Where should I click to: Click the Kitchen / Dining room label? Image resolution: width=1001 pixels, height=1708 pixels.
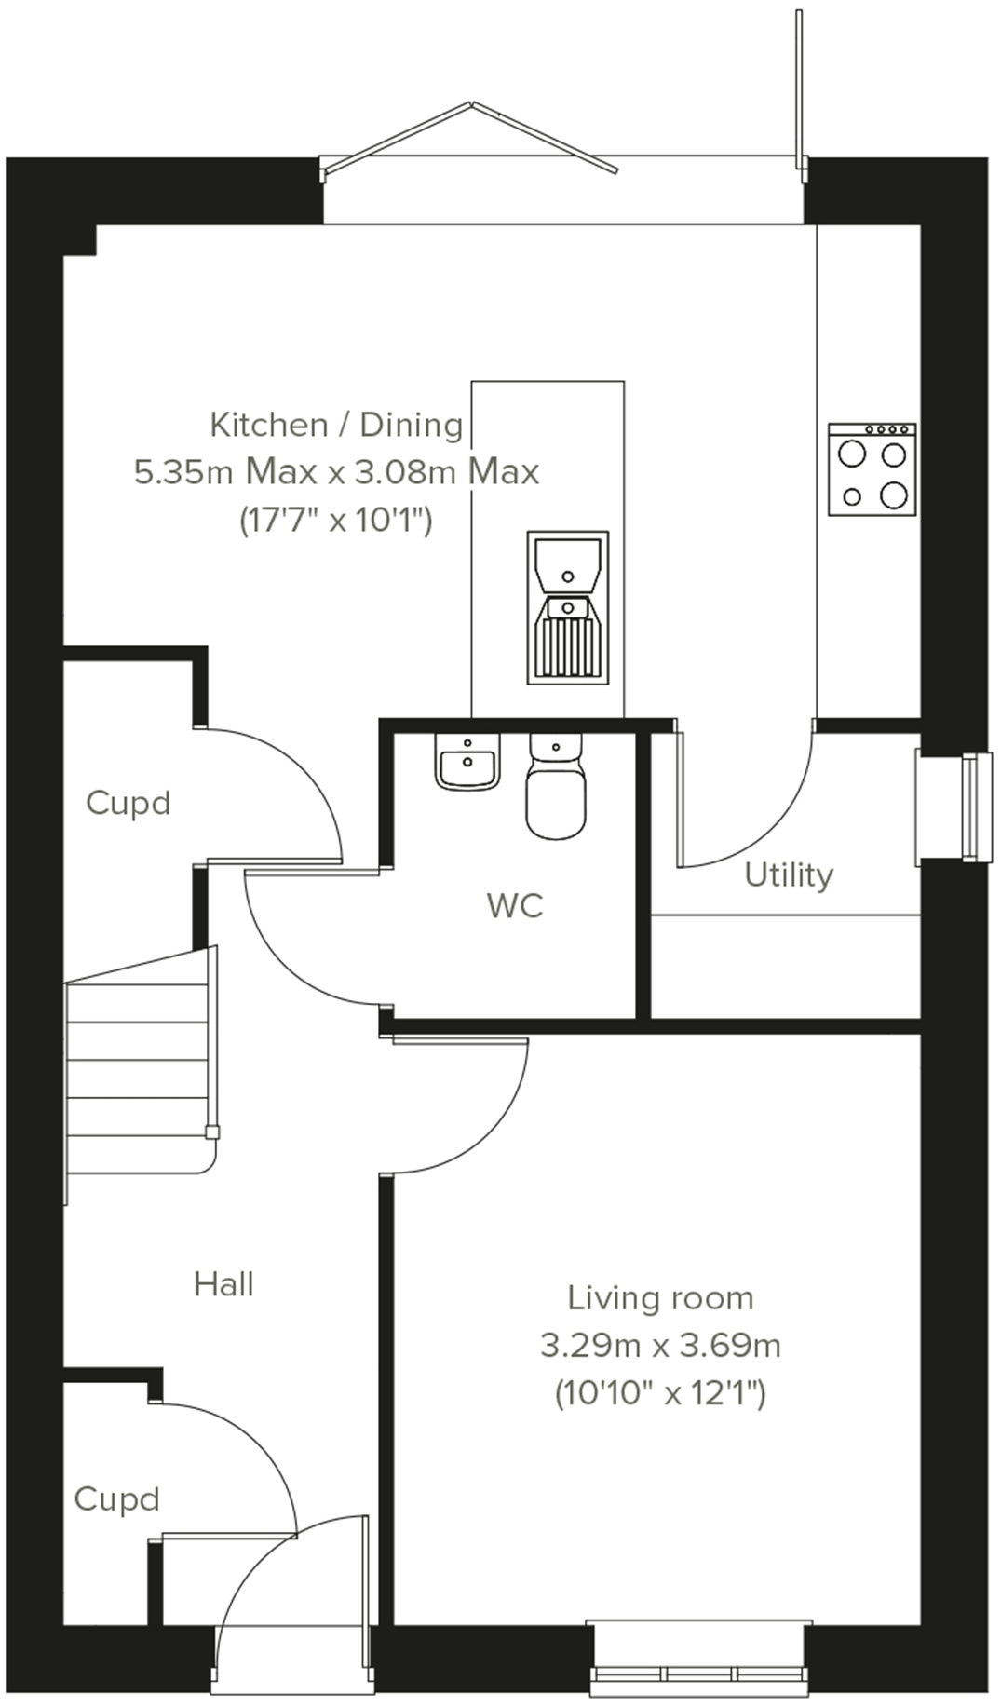tap(336, 425)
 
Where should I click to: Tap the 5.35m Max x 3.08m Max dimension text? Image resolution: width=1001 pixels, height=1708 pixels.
tap(336, 472)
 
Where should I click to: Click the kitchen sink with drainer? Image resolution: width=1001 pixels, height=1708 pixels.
tap(567, 607)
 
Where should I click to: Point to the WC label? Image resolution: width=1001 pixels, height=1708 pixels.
tap(515, 905)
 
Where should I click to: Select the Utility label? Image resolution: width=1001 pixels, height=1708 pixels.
tap(788, 875)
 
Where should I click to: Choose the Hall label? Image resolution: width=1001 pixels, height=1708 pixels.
tap(223, 1284)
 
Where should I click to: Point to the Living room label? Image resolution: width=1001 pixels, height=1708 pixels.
tap(660, 1298)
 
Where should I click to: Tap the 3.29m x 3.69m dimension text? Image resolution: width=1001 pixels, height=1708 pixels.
tap(660, 1346)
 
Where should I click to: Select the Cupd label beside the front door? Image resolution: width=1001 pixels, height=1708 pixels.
tap(116, 1498)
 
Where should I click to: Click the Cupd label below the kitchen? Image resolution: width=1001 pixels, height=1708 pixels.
tap(128, 803)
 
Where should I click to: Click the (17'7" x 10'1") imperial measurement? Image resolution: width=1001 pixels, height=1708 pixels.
tap(336, 520)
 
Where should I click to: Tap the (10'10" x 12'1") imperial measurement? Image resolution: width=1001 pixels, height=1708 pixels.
tap(660, 1394)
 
